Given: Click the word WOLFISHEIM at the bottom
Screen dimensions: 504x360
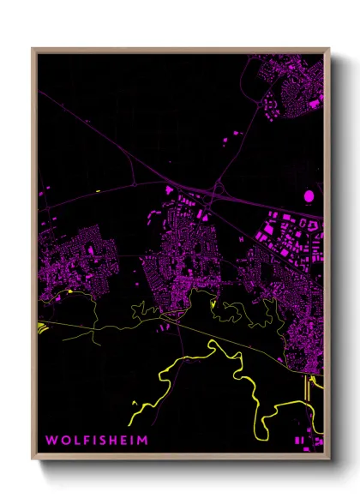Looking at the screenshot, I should click(x=96, y=440).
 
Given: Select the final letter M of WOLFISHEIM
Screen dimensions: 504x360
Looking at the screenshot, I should click(x=141, y=440).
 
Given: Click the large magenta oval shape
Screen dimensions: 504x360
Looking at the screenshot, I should click(x=309, y=196).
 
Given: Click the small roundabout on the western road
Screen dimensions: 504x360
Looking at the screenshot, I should click(x=135, y=184).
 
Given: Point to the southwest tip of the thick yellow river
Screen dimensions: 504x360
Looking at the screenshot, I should click(x=130, y=423).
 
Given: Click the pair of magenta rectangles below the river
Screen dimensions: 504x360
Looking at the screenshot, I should click(x=300, y=439).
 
